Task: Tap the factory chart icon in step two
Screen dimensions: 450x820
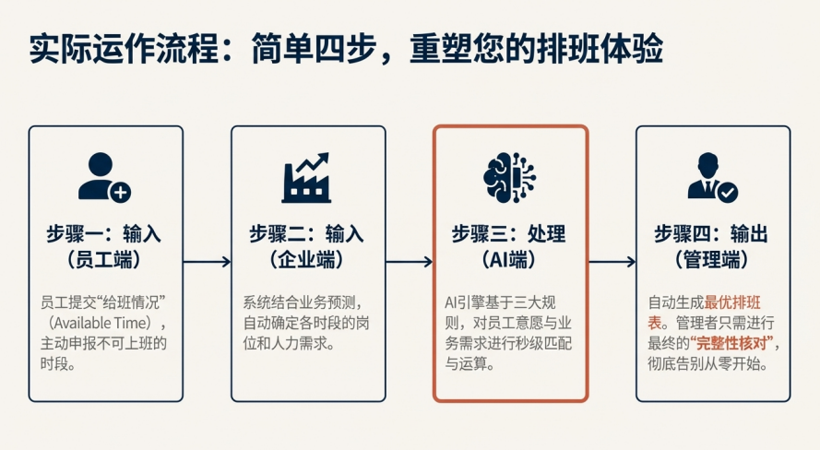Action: click(307, 178)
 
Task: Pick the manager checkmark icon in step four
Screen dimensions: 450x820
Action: click(712, 179)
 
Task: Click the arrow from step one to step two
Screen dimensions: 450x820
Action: click(207, 262)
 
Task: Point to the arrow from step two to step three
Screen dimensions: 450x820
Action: click(410, 262)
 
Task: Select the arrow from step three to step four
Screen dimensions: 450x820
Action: click(612, 262)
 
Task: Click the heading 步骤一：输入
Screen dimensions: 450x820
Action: click(104, 233)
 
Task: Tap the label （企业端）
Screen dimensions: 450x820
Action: click(307, 260)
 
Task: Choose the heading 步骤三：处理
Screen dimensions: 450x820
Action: click(510, 233)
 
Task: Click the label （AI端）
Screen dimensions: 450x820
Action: click(510, 260)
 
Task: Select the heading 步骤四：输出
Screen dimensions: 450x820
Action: click(712, 233)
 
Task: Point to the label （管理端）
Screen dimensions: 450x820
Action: click(712, 260)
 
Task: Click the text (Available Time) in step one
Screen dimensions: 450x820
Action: click(104, 323)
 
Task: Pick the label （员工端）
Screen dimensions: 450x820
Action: click(104, 260)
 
